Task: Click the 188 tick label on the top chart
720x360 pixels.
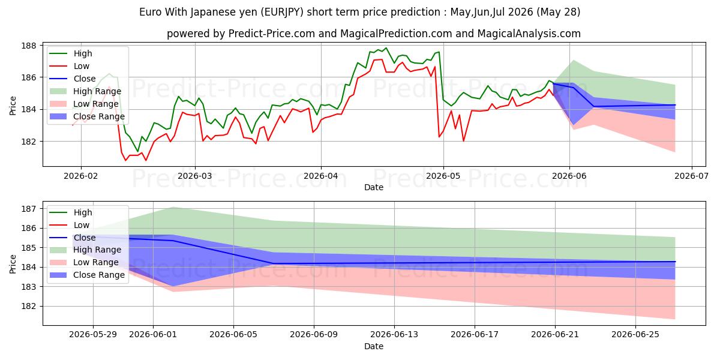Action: [28, 46]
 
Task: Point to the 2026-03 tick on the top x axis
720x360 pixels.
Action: [195, 176]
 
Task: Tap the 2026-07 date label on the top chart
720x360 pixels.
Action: [691, 176]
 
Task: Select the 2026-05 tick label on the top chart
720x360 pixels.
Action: [443, 176]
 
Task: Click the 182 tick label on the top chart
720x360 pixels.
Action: [28, 142]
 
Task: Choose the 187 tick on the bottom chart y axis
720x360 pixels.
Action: [28, 209]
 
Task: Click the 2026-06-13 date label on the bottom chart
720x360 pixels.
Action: [394, 335]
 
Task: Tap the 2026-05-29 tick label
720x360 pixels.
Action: [93, 335]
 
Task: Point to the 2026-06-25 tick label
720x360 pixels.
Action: [635, 335]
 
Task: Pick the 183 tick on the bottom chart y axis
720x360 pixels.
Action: [28, 287]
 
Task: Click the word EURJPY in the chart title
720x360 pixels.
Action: [281, 12]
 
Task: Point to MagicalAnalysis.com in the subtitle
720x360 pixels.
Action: [529, 34]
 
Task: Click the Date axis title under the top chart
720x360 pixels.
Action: [373, 187]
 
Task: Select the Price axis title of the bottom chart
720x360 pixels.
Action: [13, 264]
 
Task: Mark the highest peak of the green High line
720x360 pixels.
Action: [386, 48]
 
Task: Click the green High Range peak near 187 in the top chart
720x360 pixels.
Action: [574, 60]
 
